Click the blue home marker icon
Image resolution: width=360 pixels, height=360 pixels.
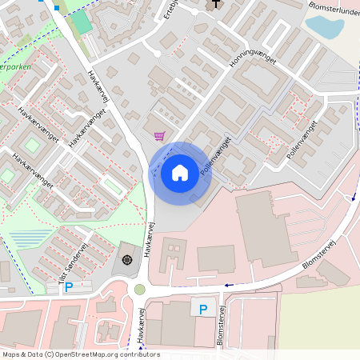coord(179,172)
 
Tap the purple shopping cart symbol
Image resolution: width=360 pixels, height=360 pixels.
coord(159,135)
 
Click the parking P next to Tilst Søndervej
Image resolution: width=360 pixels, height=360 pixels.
coord(69,286)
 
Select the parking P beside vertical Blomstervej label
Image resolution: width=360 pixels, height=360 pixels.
coord(202,310)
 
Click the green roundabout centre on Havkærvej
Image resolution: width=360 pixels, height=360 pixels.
coord(140,290)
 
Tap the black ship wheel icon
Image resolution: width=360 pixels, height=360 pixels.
coord(127,258)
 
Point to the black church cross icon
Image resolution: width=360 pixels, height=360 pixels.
coord(214,5)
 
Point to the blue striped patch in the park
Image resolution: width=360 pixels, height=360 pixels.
coord(30,238)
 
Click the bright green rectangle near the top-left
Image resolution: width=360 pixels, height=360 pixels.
coord(80,22)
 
